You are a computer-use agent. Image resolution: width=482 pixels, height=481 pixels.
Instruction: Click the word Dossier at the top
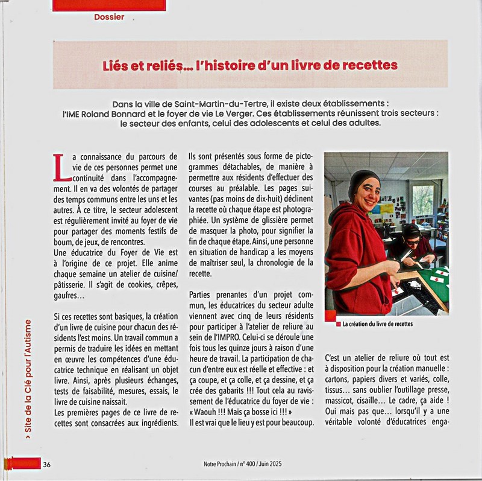point(109,17)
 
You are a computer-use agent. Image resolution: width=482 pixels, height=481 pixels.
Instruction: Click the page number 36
point(46,464)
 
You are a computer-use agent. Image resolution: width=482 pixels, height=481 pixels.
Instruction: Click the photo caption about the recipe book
point(377,323)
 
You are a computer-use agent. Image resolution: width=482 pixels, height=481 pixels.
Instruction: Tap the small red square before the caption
point(338,323)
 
